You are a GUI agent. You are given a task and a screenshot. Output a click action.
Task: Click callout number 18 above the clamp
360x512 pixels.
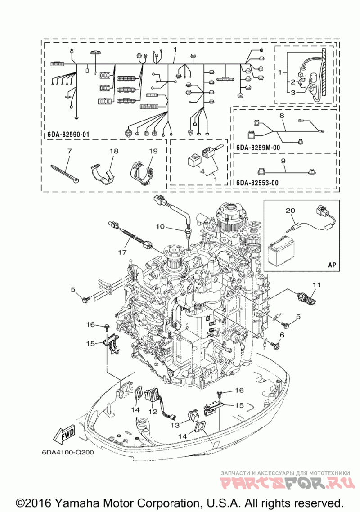click(x=114, y=151)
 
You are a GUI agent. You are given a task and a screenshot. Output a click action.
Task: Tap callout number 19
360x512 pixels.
click(x=153, y=151)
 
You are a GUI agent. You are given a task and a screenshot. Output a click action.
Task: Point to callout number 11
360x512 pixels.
click(x=317, y=284)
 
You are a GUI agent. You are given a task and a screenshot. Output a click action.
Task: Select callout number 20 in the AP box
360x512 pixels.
click(x=291, y=211)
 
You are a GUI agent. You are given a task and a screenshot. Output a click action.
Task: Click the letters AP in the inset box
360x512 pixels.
click(x=332, y=265)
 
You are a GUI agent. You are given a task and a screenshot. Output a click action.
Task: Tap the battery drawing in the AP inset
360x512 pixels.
click(x=279, y=254)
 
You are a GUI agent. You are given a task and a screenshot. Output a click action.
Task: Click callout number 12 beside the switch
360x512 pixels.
click(x=153, y=410)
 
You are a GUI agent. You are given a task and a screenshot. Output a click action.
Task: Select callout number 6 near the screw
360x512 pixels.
click(x=282, y=335)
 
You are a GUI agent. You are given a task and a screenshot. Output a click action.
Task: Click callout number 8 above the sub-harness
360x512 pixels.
click(x=282, y=116)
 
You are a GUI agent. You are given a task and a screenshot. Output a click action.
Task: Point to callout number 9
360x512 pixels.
click(x=283, y=160)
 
